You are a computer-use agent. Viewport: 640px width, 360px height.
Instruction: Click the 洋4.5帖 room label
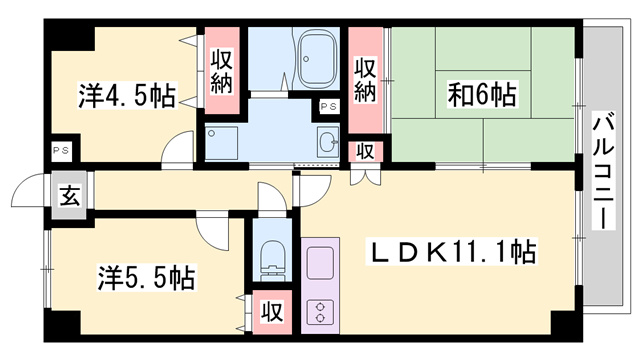coord(126,96)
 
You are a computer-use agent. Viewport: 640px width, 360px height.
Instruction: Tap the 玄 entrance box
coord(69,195)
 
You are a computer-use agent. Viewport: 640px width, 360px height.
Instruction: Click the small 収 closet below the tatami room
coord(367,151)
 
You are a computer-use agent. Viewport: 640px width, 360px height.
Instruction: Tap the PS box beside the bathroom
coord(327,105)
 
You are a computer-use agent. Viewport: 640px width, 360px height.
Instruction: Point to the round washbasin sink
coord(327,140)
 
